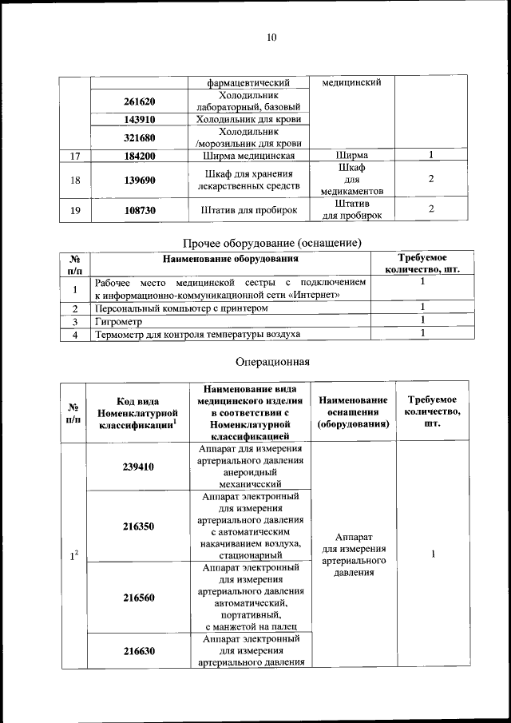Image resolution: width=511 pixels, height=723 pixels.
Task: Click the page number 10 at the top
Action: pos(271,37)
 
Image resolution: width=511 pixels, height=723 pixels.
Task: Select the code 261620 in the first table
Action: pos(139,101)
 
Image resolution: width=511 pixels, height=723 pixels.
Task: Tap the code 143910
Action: pos(139,120)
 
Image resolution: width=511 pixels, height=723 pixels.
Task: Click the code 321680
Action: pos(139,137)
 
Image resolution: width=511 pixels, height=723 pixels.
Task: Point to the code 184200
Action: pos(139,156)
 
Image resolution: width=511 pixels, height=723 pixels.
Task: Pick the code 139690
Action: pos(139,181)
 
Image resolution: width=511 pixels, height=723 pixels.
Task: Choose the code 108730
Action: pos(139,210)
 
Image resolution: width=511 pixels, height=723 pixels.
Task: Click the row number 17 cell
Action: pos(75,156)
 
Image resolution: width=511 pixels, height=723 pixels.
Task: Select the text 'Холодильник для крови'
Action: pos(248,120)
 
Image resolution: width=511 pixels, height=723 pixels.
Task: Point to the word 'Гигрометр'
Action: pos(118,321)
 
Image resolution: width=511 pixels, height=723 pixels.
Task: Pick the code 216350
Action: pos(139,526)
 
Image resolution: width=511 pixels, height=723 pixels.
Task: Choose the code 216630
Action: pos(139,651)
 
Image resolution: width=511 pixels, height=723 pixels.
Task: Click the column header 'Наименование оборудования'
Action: pos(231,259)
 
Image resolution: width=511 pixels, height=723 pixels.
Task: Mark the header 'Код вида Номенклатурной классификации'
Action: pos(137,413)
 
